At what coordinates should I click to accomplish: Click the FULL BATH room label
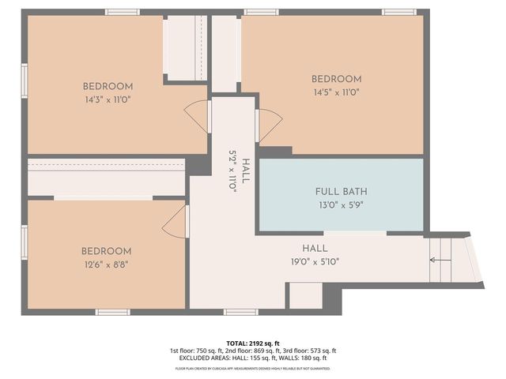pos(341,192)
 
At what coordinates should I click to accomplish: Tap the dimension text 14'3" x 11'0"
pos(108,100)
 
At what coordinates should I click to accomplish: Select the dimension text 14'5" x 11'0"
pos(336,92)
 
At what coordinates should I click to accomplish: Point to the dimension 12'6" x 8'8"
pos(105,265)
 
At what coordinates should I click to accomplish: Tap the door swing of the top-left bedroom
pos(198,116)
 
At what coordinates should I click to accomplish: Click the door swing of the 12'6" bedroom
pos(175,223)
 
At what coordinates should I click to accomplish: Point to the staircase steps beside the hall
pos(440,260)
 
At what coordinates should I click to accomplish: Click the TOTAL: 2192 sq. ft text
pos(252,342)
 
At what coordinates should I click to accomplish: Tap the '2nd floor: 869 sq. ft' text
pos(253,351)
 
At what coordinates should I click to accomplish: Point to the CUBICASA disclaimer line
pos(252,368)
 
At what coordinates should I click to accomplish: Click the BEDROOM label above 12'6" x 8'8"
pos(105,251)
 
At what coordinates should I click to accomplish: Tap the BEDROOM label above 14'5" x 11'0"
pos(336,79)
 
